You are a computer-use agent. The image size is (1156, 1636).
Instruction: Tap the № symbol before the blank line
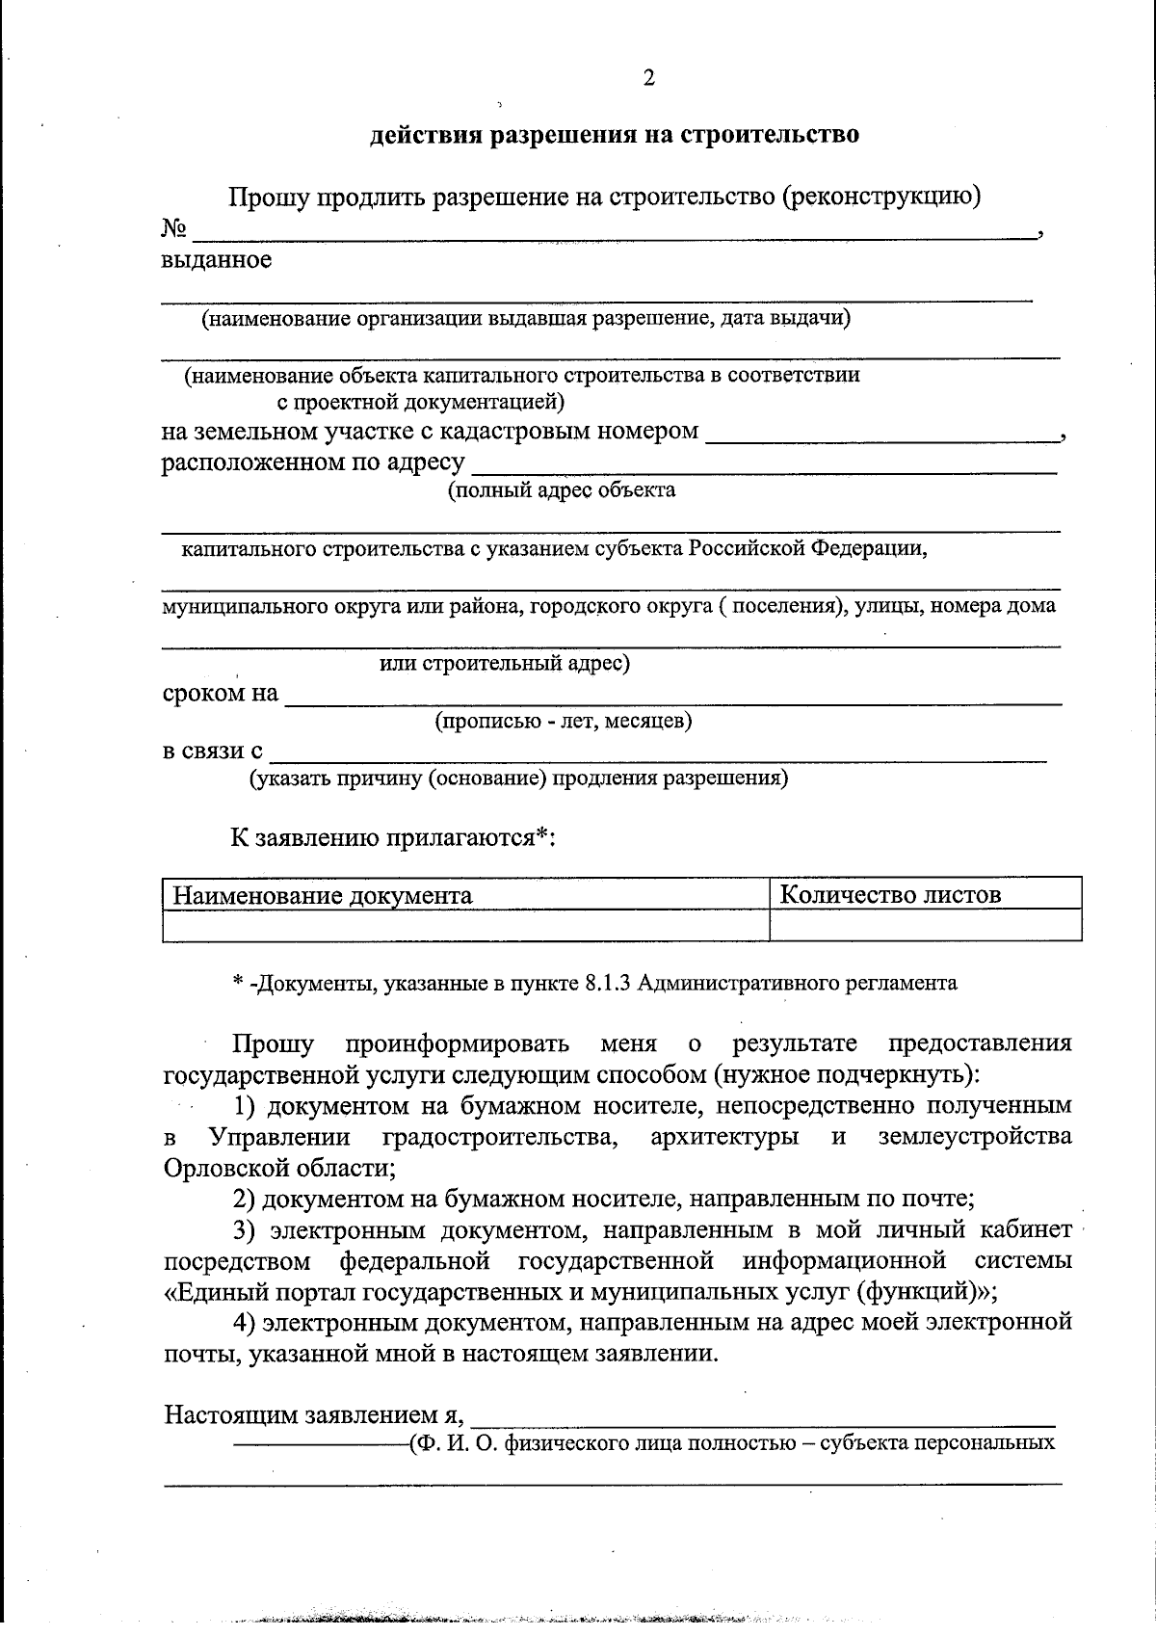pyautogui.click(x=173, y=229)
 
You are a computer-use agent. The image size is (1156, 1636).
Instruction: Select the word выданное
pyautogui.click(x=216, y=259)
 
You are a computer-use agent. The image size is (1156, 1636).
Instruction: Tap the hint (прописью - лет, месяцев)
pyautogui.click(x=563, y=721)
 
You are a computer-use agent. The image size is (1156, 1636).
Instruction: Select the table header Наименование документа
pyautogui.click(x=323, y=896)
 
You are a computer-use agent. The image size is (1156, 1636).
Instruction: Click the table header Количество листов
pyautogui.click(x=890, y=895)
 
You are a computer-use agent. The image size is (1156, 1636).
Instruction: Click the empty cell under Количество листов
pyautogui.click(x=925, y=925)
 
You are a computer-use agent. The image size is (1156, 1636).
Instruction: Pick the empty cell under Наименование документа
pyautogui.click(x=466, y=925)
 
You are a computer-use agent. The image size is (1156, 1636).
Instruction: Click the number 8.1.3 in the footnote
pyautogui.click(x=608, y=984)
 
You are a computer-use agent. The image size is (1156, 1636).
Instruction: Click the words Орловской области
pyautogui.click(x=279, y=1168)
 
